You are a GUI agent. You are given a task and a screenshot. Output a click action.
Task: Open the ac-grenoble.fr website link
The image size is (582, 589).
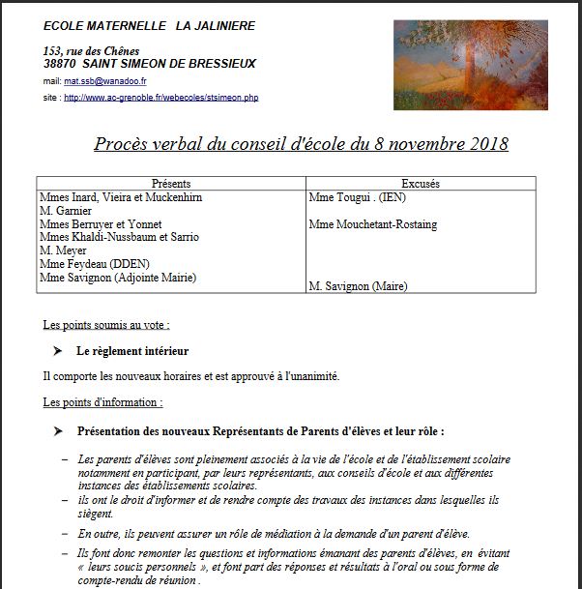[x=161, y=98]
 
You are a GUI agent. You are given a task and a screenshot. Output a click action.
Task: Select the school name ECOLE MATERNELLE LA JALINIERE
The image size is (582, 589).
[x=149, y=26]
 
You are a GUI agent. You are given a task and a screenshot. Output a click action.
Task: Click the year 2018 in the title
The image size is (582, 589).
[x=480, y=145]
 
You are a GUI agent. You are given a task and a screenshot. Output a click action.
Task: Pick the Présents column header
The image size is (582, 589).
[x=171, y=184]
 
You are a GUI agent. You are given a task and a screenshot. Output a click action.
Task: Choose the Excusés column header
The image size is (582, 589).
[x=421, y=184]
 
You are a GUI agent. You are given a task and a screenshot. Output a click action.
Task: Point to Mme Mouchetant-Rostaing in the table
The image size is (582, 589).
[x=372, y=224]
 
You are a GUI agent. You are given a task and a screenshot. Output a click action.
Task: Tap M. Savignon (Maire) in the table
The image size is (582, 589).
[x=358, y=286]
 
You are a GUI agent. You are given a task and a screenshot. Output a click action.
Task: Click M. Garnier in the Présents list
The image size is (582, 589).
[x=66, y=211]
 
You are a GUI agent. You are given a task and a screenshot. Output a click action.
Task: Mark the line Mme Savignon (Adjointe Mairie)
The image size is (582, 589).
[x=118, y=278]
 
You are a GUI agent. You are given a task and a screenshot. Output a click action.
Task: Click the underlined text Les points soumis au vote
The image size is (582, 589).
[x=106, y=325]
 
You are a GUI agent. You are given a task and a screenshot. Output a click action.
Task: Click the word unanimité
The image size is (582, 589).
[x=311, y=376]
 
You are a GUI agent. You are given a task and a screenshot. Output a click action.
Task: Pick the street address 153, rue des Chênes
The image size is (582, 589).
[x=92, y=50]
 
